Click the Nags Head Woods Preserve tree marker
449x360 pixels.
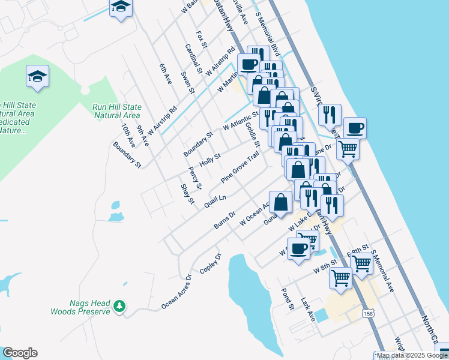click(x=120, y=307)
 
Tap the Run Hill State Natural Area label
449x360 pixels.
click(x=116, y=111)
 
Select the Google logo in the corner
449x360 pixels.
click(x=20, y=353)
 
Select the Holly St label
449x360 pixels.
click(x=210, y=160)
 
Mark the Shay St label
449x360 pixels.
click(x=187, y=194)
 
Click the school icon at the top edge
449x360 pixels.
click(x=121, y=7)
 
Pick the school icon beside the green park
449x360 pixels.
click(x=37, y=76)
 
